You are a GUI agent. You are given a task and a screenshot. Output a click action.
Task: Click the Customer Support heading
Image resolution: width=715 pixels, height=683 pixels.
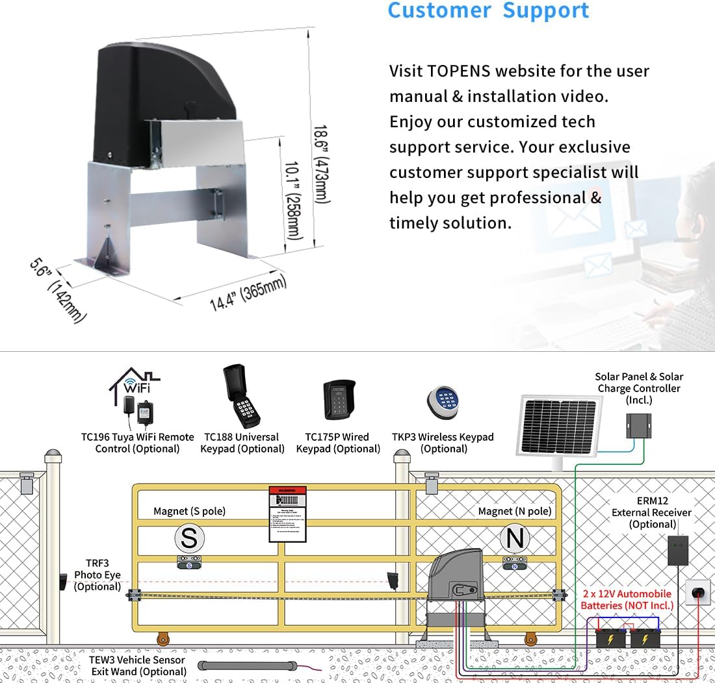pos(488,11)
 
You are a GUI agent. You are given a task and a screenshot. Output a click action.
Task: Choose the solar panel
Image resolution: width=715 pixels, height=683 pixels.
pos(559,425)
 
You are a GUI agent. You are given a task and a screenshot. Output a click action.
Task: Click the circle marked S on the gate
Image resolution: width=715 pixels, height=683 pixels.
pos(188,539)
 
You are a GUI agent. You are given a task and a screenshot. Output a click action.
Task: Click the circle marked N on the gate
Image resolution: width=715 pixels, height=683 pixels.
pos(515,539)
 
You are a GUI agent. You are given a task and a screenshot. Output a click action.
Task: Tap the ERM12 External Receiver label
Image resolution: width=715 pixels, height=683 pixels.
pos(651,512)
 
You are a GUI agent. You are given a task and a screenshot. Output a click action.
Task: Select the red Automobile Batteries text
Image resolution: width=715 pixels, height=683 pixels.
pos(627,599)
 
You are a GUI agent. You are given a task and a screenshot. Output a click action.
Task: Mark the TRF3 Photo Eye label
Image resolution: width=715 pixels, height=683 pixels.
pos(97,575)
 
